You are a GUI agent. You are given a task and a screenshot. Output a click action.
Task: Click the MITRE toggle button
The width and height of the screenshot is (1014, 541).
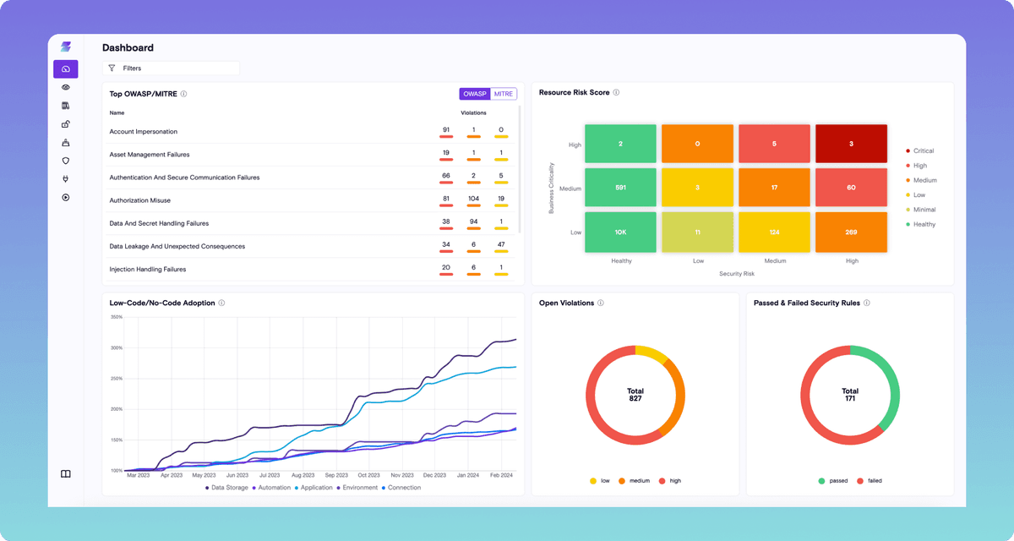tap(504, 94)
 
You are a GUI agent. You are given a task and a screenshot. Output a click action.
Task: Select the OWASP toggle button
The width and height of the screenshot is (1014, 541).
tap(476, 94)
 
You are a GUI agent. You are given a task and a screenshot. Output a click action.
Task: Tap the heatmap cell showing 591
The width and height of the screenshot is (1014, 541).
tap(620, 189)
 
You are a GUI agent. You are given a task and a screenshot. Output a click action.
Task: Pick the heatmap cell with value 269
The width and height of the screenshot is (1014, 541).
tap(851, 232)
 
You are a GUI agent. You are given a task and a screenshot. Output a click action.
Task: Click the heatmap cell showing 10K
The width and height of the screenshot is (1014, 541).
tap(620, 232)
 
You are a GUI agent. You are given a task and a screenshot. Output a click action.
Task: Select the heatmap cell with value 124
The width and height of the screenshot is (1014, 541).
tap(774, 232)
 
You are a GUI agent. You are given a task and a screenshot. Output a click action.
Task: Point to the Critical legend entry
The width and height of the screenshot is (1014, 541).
tap(923, 151)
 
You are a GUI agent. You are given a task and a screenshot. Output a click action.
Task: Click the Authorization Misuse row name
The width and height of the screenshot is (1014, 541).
tap(140, 200)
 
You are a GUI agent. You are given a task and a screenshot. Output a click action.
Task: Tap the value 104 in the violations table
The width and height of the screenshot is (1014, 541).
tap(473, 199)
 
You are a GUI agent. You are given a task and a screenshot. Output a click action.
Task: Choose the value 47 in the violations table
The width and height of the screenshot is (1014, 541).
tap(501, 246)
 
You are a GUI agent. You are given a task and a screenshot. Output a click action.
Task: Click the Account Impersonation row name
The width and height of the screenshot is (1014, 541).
tap(144, 131)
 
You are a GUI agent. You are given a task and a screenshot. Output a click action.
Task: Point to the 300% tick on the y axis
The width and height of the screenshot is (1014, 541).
tap(117, 347)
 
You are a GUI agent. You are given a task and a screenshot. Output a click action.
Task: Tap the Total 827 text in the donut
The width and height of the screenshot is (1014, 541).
tap(635, 395)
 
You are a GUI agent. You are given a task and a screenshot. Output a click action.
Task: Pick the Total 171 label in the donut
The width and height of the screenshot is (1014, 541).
tap(850, 395)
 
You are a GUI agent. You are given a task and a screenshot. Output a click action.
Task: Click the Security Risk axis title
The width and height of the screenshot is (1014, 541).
tap(736, 274)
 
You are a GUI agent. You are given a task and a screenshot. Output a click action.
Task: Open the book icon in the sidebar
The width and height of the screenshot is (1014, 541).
tap(66, 474)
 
